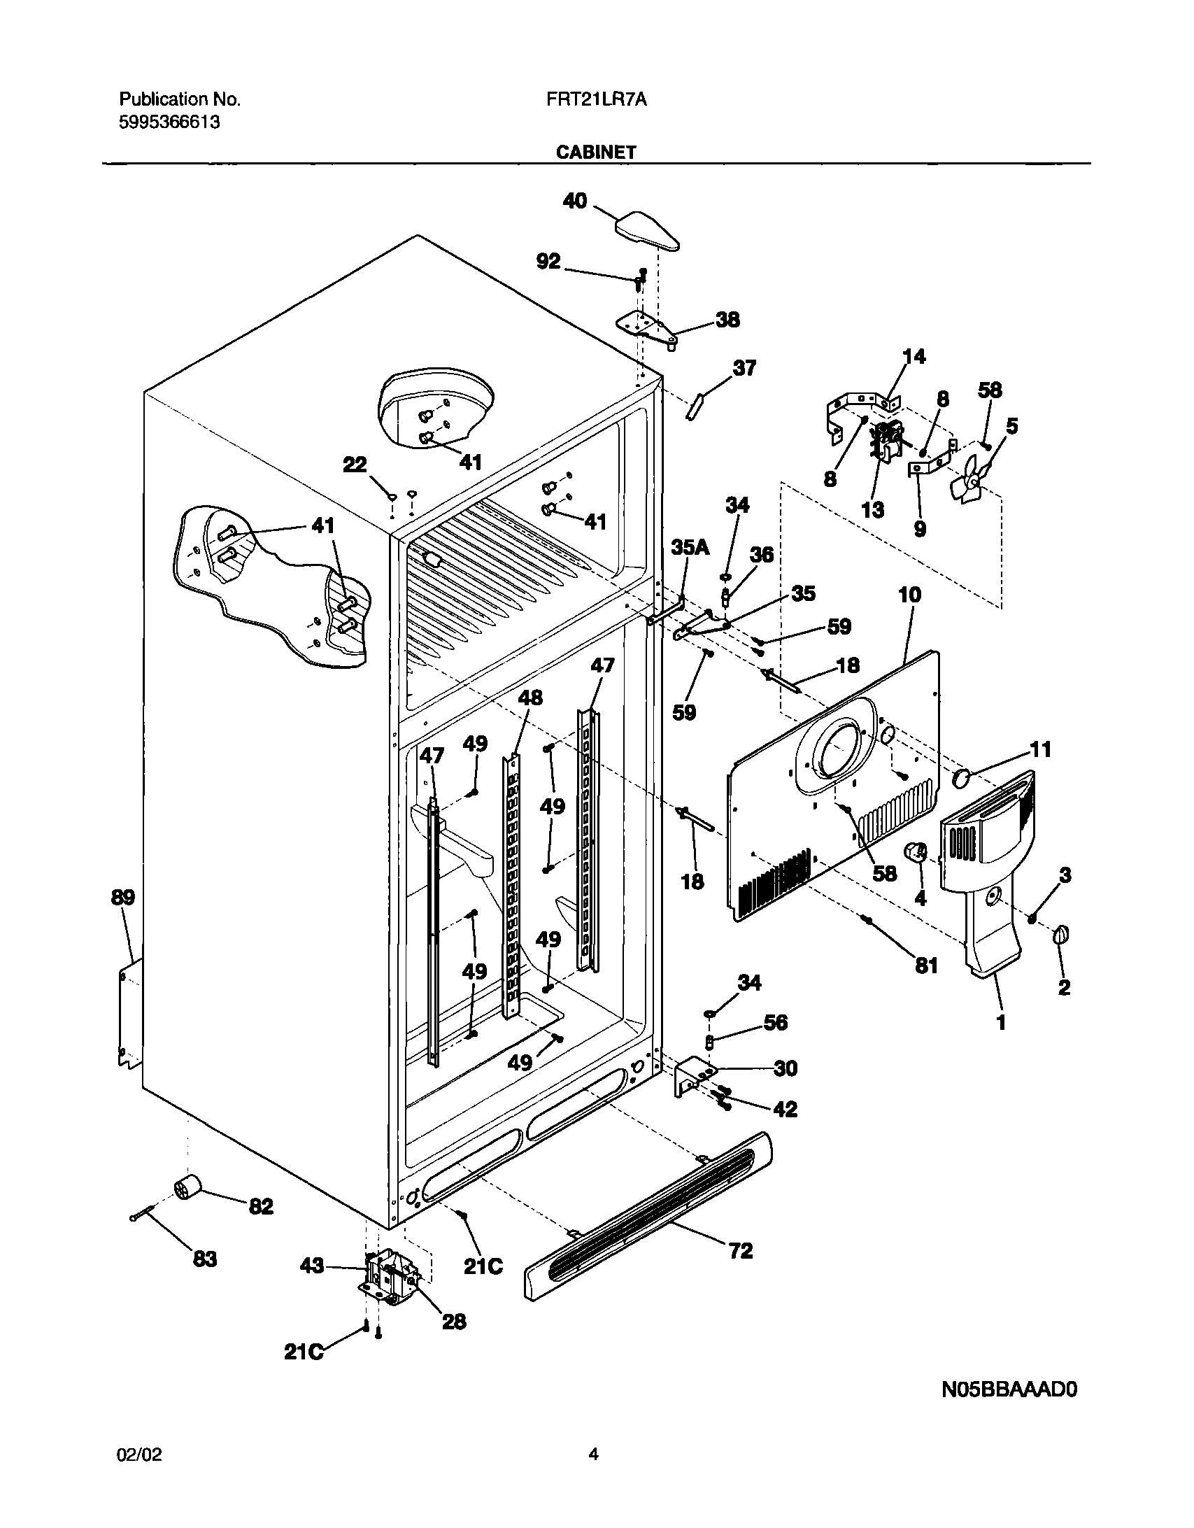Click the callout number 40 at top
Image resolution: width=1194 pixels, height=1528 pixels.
tap(575, 201)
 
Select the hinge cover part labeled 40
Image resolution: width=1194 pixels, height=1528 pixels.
tap(648, 232)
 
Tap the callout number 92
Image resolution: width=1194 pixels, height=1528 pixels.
tap(548, 262)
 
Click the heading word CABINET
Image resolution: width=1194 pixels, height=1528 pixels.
tap(596, 152)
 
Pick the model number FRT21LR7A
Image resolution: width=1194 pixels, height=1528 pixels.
tap(596, 100)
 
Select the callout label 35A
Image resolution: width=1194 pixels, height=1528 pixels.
tap(690, 548)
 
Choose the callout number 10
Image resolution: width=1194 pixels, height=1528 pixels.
tap(909, 595)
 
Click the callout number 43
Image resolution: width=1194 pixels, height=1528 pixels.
tap(312, 1266)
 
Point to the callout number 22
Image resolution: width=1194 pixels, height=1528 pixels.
tap(355, 465)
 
